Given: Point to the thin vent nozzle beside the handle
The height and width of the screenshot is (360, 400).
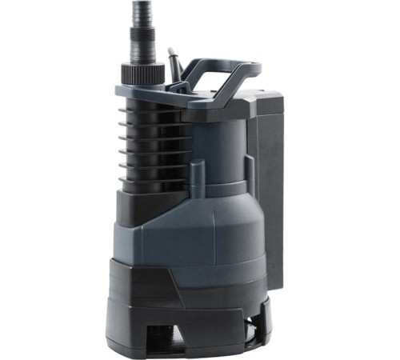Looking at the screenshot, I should pos(170,62).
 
